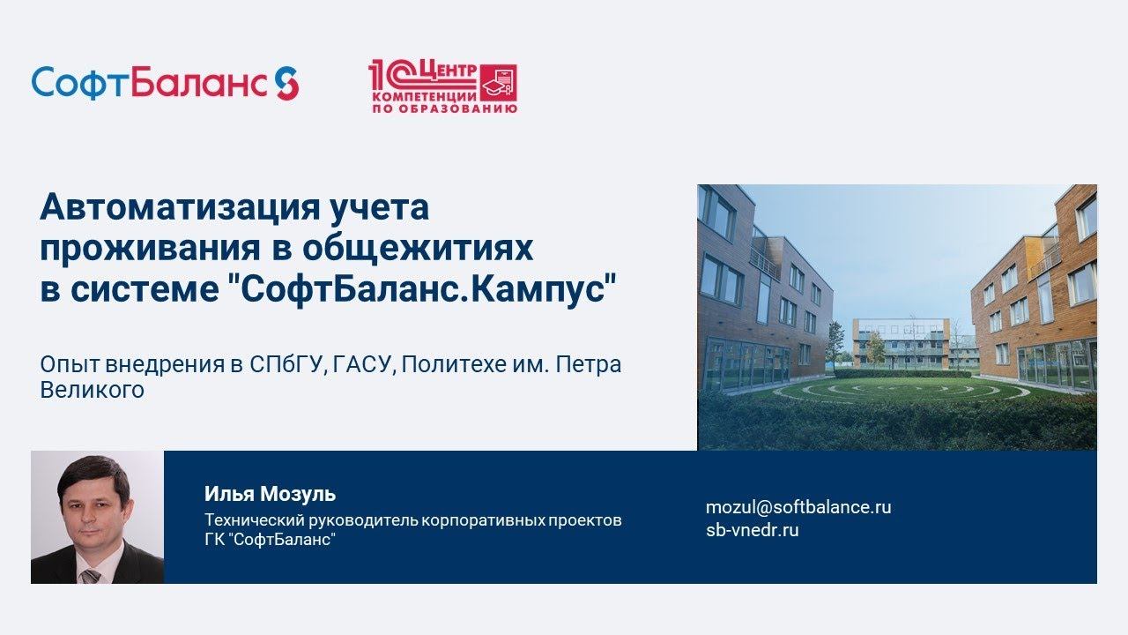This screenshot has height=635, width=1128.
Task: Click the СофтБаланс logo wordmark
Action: [150, 83]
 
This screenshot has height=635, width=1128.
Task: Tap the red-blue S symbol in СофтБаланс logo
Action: [286, 83]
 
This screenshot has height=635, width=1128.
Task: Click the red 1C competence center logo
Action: [442, 86]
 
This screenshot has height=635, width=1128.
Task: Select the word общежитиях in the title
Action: [418, 249]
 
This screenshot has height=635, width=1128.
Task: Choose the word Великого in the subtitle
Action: [92, 390]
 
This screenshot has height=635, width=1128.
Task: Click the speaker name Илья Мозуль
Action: [270, 494]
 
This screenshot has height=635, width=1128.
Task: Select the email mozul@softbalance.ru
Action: [798, 507]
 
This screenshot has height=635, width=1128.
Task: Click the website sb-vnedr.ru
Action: [752, 530]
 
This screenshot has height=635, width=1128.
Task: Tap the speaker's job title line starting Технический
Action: [412, 520]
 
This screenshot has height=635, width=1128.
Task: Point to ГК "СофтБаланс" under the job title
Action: [270, 540]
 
